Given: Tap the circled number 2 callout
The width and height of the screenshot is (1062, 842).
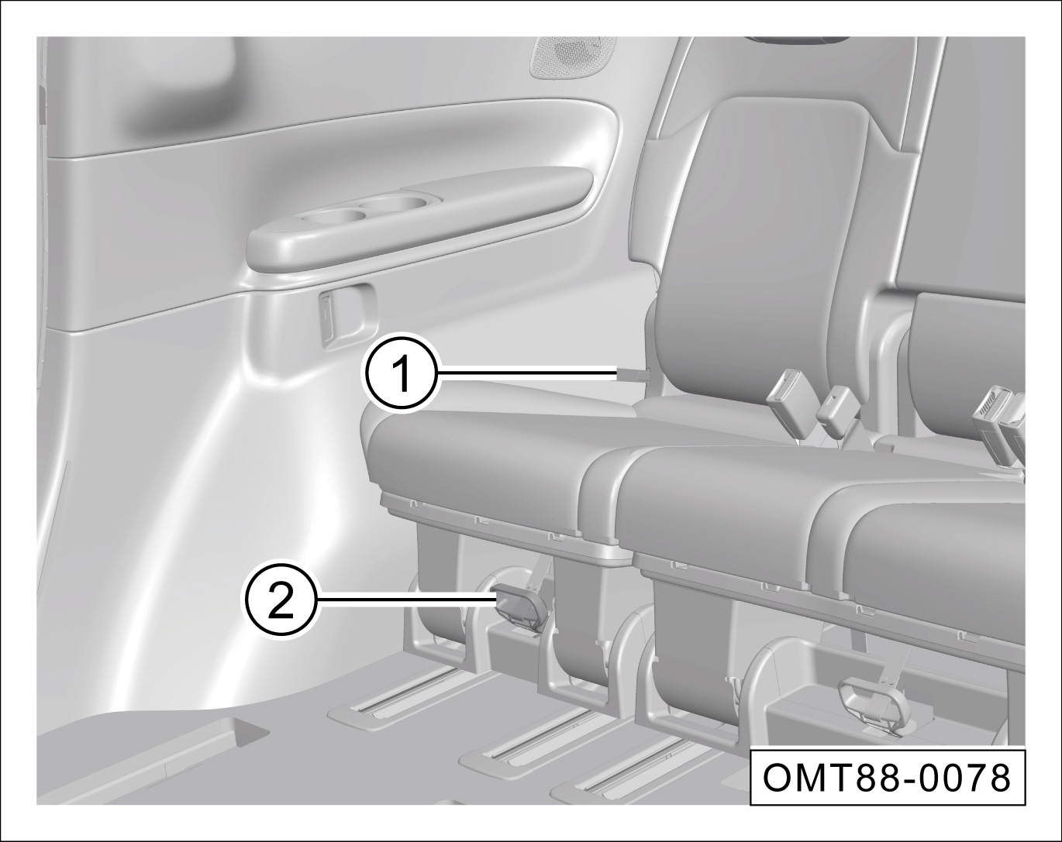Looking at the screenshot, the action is pos(279,599).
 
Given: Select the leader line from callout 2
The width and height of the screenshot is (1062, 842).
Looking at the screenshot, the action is pos(406,599).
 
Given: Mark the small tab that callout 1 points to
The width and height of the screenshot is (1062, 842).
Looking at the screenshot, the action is pos(634,376).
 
